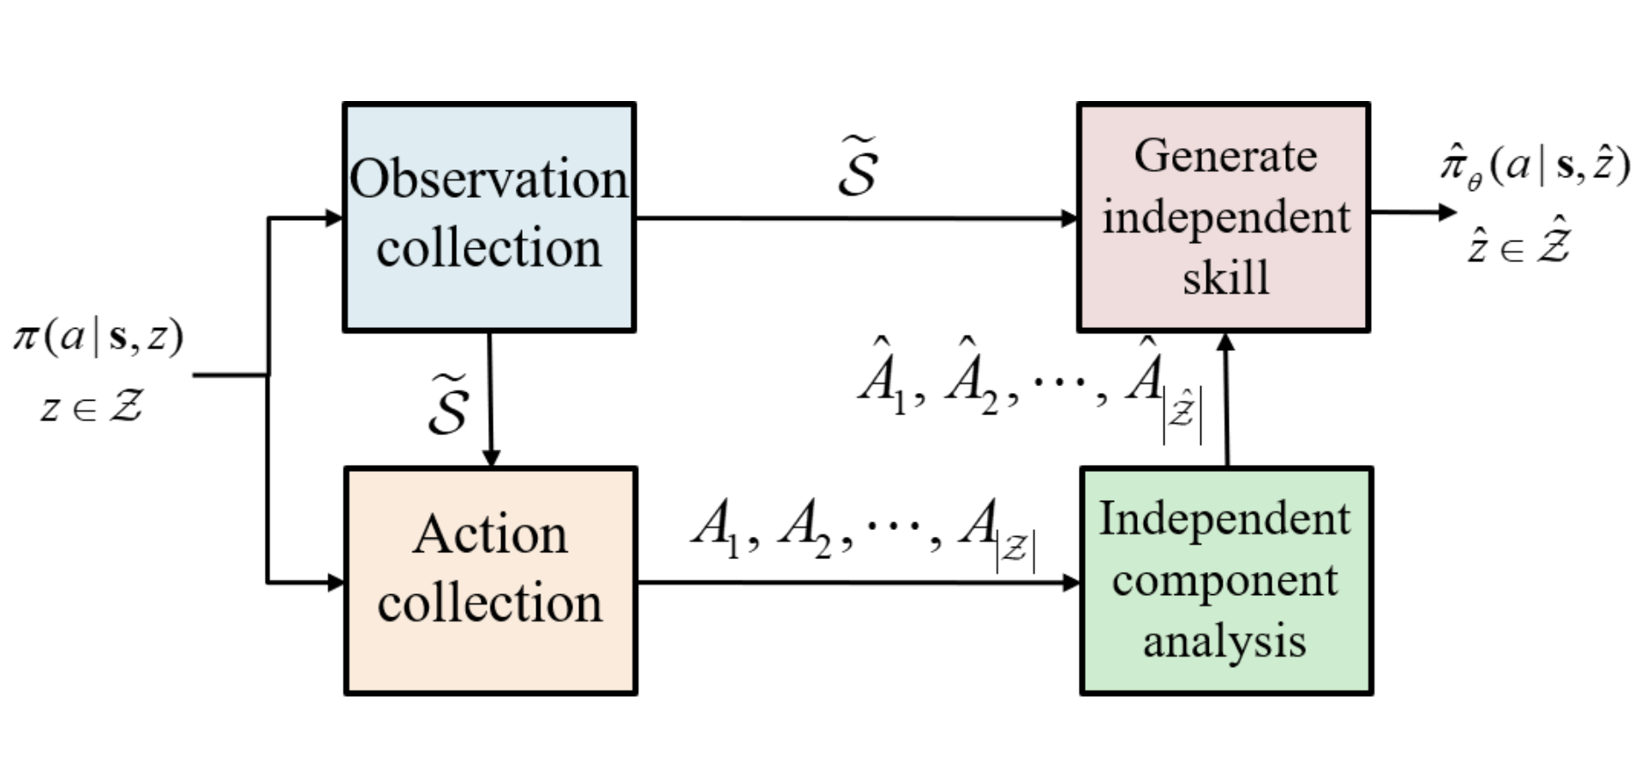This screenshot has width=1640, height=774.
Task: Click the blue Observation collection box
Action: [488, 217]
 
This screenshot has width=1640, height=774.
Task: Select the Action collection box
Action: [490, 580]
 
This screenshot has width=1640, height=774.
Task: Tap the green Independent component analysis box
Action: [1225, 580]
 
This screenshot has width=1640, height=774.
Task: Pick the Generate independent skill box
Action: [1224, 217]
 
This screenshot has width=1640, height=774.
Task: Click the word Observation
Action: [488, 180]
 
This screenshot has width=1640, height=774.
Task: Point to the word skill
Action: [1225, 277]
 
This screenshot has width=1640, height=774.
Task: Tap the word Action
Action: [490, 534]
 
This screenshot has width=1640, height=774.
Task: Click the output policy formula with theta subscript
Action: [1534, 164]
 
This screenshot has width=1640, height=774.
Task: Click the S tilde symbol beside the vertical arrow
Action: [449, 404]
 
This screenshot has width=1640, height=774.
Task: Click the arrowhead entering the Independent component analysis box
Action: [1071, 583]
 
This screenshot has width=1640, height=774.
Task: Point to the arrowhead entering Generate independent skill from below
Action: [1226, 342]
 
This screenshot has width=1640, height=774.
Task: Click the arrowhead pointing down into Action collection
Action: [491, 458]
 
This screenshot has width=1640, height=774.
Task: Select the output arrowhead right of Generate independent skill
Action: [1447, 211]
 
